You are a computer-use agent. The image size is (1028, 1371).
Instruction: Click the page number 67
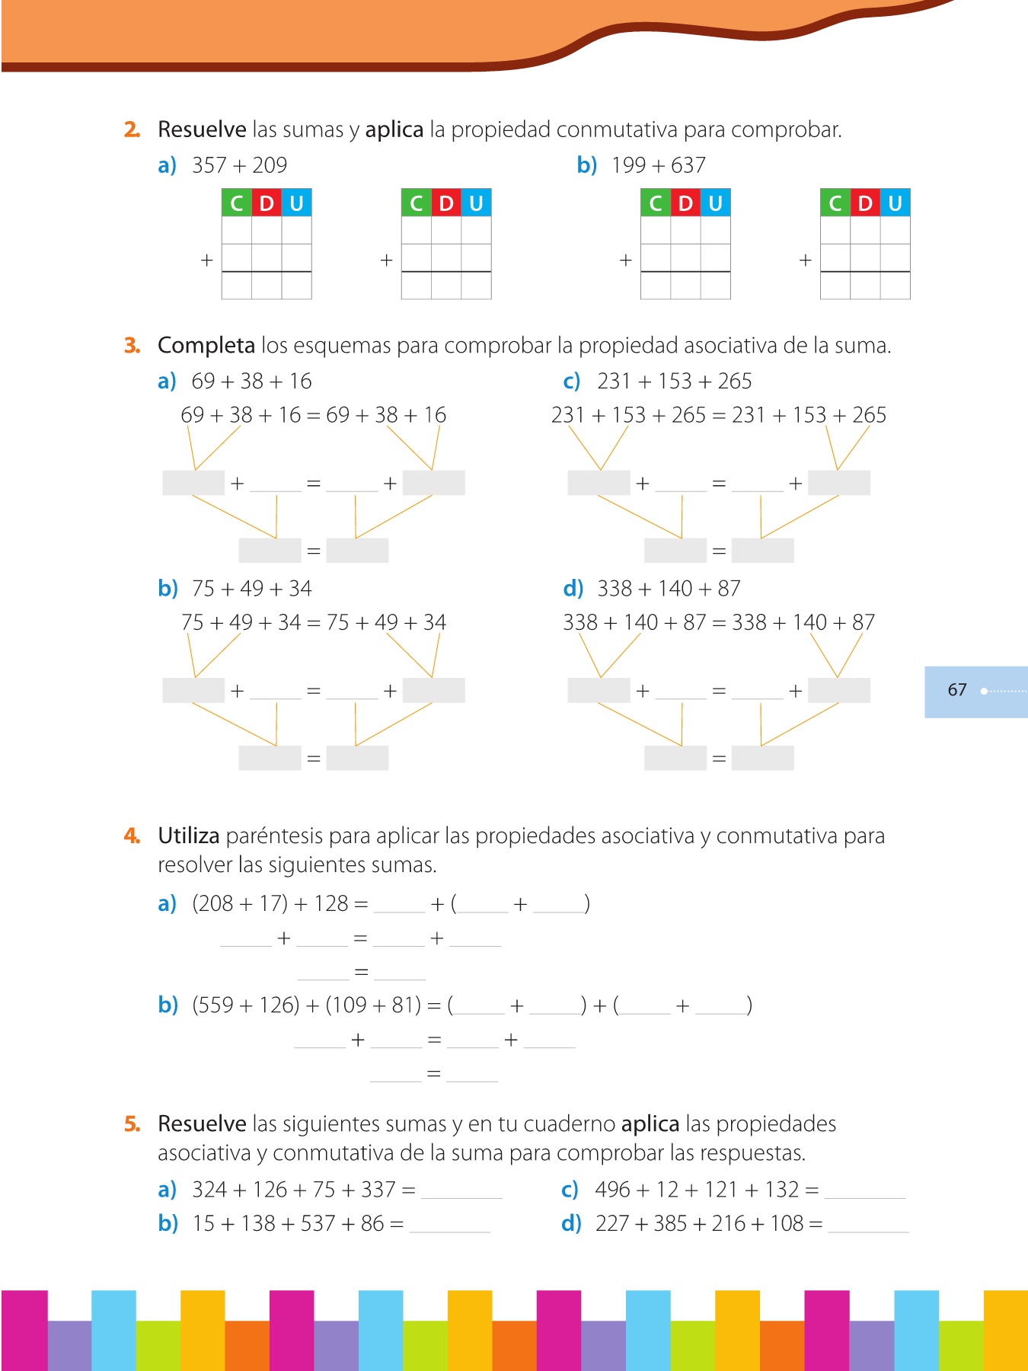(x=957, y=690)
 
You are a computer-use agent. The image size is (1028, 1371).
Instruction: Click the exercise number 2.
(x=132, y=130)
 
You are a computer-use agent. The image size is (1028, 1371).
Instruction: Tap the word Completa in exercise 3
(x=206, y=346)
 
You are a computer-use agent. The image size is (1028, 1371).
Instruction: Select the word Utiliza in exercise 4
(x=189, y=836)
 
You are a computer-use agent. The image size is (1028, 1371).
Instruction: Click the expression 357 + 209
(x=239, y=165)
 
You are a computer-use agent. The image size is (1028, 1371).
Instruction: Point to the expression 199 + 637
(x=658, y=165)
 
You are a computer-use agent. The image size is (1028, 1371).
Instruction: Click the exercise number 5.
(x=132, y=1124)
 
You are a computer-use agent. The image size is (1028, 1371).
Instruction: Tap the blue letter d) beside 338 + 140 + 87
(x=573, y=589)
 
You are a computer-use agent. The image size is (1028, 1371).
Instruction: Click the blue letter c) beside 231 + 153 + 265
(x=571, y=382)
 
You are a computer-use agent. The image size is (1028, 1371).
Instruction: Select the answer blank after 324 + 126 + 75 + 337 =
(x=461, y=1191)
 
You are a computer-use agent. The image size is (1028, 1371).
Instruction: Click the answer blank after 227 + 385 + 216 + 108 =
(x=868, y=1225)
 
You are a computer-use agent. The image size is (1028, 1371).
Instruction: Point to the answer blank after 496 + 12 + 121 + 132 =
(x=865, y=1191)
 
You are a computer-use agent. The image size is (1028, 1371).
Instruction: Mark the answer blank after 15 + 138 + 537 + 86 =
(x=449, y=1225)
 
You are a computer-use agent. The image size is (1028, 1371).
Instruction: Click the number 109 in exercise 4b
(x=350, y=1005)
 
